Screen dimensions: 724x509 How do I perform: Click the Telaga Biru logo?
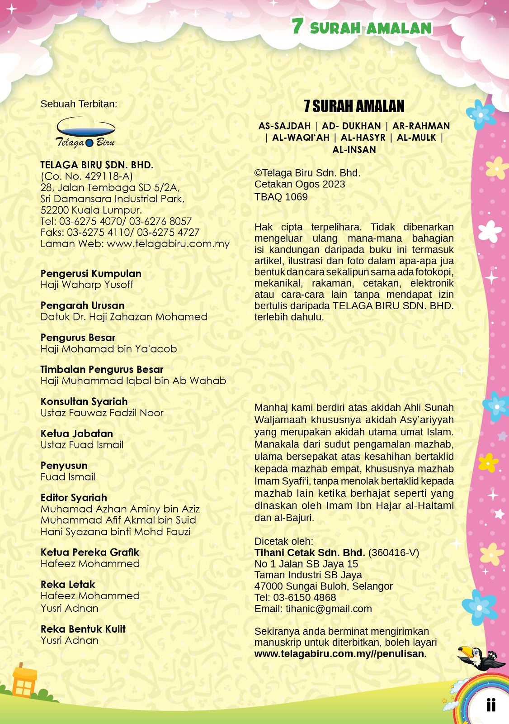(85, 133)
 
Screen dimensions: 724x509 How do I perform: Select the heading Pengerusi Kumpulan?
(91, 273)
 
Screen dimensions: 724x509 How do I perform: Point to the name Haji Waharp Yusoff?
(87, 285)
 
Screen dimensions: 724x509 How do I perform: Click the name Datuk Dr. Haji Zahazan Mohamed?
(124, 317)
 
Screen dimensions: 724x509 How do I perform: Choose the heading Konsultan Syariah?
(84, 401)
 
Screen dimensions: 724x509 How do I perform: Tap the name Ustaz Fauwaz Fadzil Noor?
(102, 413)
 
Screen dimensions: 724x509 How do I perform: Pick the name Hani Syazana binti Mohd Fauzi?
(115, 532)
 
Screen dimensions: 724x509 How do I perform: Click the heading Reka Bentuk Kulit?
(83, 629)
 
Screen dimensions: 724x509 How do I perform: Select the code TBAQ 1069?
(281, 197)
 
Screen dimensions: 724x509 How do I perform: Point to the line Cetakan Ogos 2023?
(299, 184)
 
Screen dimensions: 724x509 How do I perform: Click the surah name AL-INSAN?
(354, 150)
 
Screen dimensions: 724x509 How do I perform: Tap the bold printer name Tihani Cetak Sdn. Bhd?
(310, 553)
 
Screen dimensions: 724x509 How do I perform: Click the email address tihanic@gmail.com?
(329, 609)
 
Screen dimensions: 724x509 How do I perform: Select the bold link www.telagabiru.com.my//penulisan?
(340, 654)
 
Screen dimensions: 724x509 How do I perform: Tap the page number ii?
(491, 705)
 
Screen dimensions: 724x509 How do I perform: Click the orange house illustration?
(24, 681)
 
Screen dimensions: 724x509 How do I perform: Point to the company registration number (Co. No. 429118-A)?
(87, 176)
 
